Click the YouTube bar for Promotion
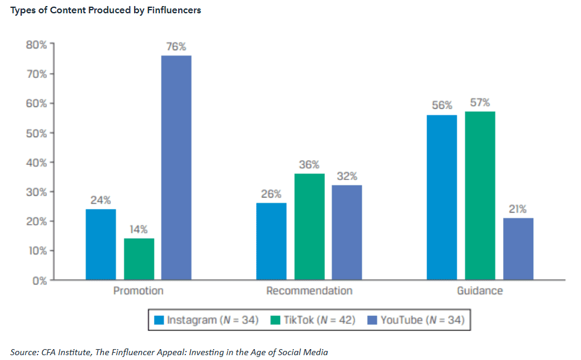[x=176, y=168]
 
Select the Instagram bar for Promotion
[x=101, y=245]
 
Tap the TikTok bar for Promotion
[x=139, y=259]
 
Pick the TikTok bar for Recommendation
[x=309, y=227]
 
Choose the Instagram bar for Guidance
[x=442, y=198]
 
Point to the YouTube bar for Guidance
[x=518, y=249]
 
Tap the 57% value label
[x=480, y=103]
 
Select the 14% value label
[x=139, y=230]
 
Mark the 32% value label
[x=347, y=176]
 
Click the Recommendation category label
[x=309, y=291]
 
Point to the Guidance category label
[x=480, y=291]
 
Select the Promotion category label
[x=138, y=291]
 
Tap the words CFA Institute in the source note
[x=65, y=352]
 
